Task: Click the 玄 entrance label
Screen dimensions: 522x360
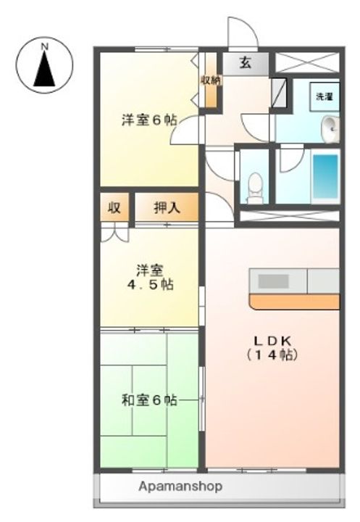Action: pyautogui.click(x=245, y=63)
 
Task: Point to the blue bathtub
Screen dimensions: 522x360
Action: pyautogui.click(x=325, y=178)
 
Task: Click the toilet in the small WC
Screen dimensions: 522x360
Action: pyautogui.click(x=254, y=187)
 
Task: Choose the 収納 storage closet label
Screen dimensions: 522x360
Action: pyautogui.click(x=210, y=80)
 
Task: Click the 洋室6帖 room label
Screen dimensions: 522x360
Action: pyautogui.click(x=148, y=120)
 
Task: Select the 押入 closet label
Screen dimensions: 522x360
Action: pyautogui.click(x=167, y=208)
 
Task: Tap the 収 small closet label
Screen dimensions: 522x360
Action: pyautogui.click(x=114, y=208)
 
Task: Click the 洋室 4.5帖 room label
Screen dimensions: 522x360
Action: pyautogui.click(x=148, y=278)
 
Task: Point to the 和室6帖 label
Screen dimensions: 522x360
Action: pyautogui.click(x=148, y=399)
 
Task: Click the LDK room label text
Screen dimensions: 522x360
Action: pyautogui.click(x=272, y=341)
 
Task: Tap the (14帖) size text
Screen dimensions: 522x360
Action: pyautogui.click(x=272, y=356)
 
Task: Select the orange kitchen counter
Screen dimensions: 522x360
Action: pyautogui.click(x=293, y=301)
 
